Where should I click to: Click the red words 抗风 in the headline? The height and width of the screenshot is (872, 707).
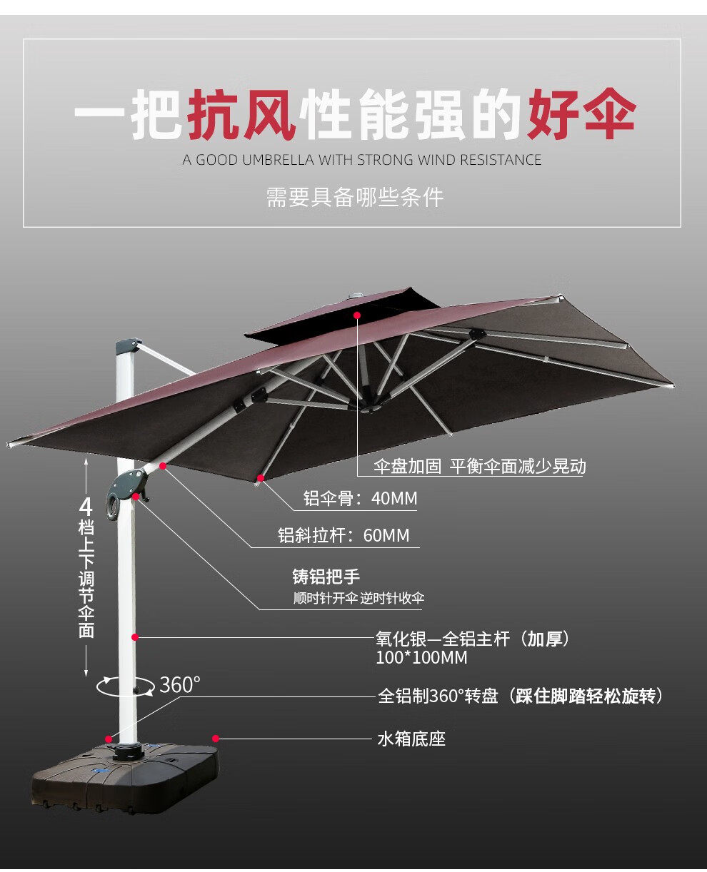coord(241,114)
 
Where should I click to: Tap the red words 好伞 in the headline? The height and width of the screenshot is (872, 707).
coord(581,114)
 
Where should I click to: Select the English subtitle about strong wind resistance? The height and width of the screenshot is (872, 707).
coord(362,160)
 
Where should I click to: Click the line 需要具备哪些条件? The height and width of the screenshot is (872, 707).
coord(355,197)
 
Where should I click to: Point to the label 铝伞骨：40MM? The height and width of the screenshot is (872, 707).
coord(360,498)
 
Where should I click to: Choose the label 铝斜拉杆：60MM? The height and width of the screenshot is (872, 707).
coord(344,535)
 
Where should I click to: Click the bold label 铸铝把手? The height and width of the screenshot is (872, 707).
coord(326,577)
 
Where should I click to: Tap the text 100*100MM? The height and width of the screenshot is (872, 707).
coord(421,658)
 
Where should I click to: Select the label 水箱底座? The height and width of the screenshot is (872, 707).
coord(411,739)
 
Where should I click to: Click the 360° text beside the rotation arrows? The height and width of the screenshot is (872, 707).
coord(179,684)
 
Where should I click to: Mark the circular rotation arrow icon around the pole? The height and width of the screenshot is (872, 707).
coord(126,686)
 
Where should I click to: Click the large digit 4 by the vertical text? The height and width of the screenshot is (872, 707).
coord(86,507)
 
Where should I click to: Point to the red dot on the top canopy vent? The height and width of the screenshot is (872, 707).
coord(357,314)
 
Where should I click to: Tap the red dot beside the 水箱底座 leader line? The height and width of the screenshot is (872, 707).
coord(215,739)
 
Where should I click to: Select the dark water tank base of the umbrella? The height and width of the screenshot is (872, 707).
coord(125,778)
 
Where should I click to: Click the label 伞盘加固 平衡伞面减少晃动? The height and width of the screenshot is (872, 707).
coord(479,467)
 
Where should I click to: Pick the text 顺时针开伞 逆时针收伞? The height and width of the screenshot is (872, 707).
coord(358,598)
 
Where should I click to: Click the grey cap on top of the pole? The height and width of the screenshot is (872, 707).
coord(126,346)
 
